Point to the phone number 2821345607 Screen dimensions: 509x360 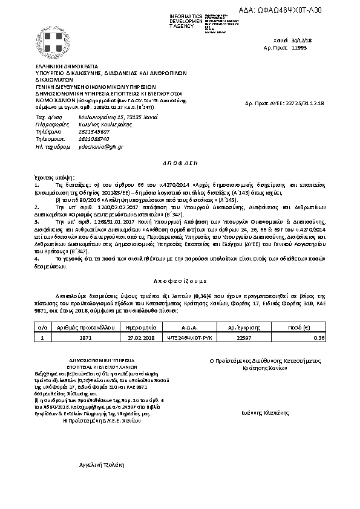pos(77,131)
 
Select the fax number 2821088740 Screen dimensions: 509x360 pos(77,138)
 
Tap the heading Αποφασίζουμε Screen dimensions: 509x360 pos(179,282)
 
